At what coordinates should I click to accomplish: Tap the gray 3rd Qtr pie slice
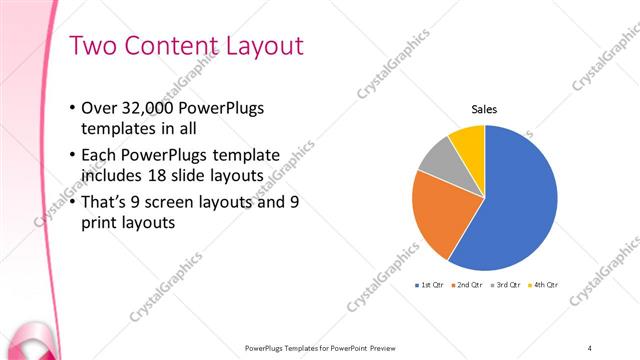point(438,160)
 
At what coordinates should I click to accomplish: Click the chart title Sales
point(485,110)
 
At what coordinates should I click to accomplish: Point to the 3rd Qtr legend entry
point(506,285)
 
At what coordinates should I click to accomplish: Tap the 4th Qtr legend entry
point(543,285)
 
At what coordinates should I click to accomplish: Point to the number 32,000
point(152,108)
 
